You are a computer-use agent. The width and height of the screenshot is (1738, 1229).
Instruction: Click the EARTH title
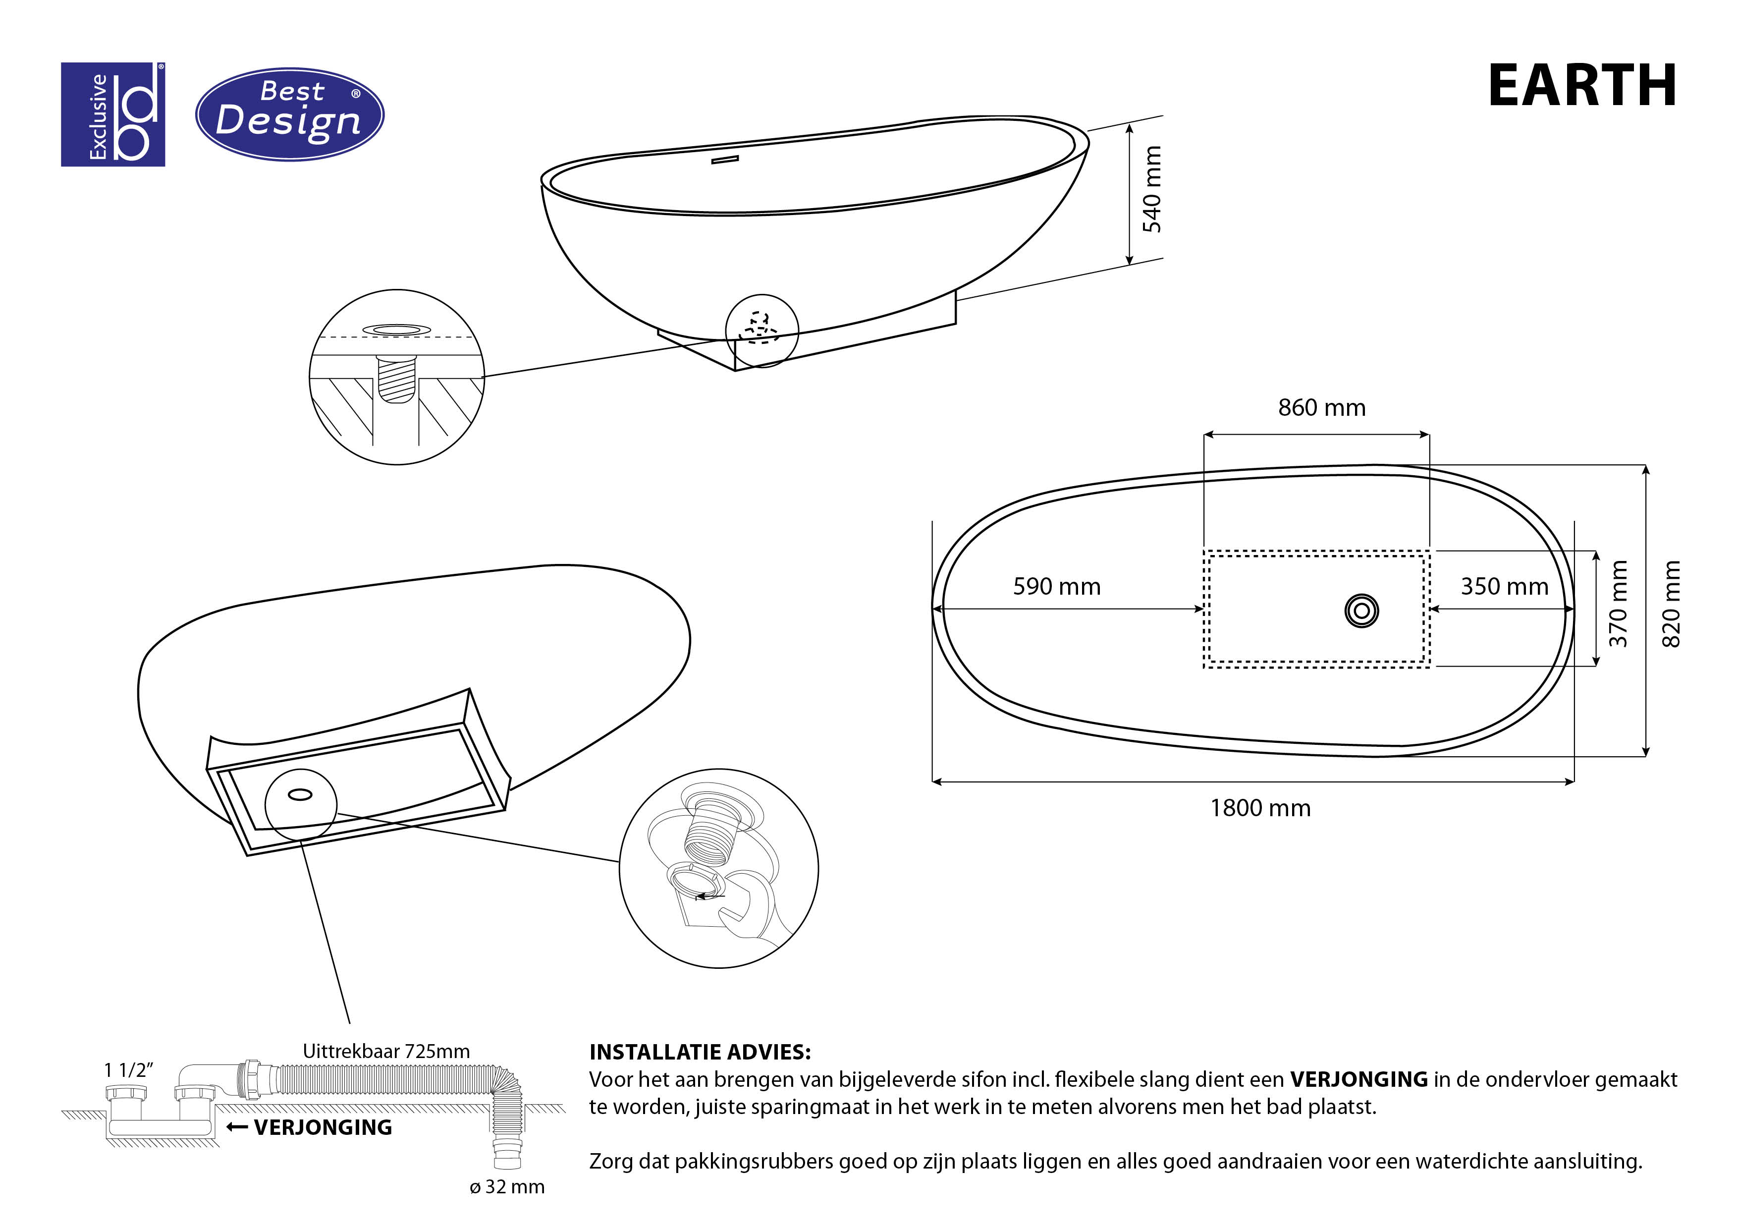point(1581,86)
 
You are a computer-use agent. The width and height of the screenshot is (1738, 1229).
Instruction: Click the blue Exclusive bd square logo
point(113,114)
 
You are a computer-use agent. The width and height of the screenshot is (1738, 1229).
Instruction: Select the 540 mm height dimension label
point(1151,189)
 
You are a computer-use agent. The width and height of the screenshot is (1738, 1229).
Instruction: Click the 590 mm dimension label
point(1057,587)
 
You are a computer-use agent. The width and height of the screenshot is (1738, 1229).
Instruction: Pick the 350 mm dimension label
point(1504,587)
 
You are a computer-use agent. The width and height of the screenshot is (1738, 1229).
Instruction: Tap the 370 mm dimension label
point(1618,604)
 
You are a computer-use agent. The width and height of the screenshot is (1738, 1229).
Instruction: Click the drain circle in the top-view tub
point(1361,611)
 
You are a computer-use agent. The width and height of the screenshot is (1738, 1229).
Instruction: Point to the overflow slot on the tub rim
point(724,160)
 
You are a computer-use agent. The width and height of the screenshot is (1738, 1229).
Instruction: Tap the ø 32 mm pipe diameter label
point(507,1186)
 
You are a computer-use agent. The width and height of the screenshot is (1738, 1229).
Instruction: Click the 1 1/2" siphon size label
point(129,1070)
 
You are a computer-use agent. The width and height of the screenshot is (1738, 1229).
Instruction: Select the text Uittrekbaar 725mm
point(386,1051)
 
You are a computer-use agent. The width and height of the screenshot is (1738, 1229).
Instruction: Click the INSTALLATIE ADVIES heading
point(700,1052)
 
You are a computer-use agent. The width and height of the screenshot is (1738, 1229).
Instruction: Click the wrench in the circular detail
point(746,912)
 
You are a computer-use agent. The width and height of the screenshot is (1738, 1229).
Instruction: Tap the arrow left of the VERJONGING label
point(237,1127)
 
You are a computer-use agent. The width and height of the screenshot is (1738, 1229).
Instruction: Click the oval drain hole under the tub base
point(301,794)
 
